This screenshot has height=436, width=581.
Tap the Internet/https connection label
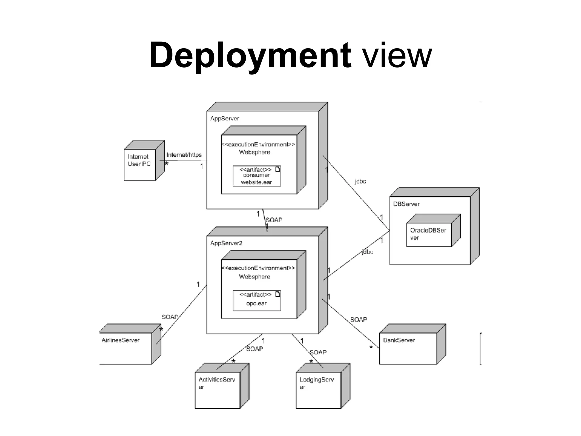pyautogui.click(x=184, y=155)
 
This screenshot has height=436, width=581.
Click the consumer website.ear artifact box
pyautogui.click(x=257, y=176)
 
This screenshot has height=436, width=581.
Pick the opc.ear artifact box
pyautogui.click(x=257, y=301)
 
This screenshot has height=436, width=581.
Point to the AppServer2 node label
pyautogui.click(x=226, y=243)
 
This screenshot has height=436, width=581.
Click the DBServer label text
pyautogui.click(x=406, y=204)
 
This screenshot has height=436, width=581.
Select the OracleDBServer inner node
pyautogui.click(x=429, y=234)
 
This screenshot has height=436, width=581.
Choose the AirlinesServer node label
pyautogui.click(x=121, y=340)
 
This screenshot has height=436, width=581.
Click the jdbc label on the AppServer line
pyautogui.click(x=361, y=181)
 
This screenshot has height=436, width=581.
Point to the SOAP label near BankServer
pyautogui.click(x=359, y=320)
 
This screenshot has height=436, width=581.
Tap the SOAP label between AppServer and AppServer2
pyautogui.click(x=274, y=220)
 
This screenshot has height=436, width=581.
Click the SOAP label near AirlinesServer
pyautogui.click(x=170, y=317)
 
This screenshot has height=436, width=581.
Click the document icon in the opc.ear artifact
pyautogui.click(x=278, y=294)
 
